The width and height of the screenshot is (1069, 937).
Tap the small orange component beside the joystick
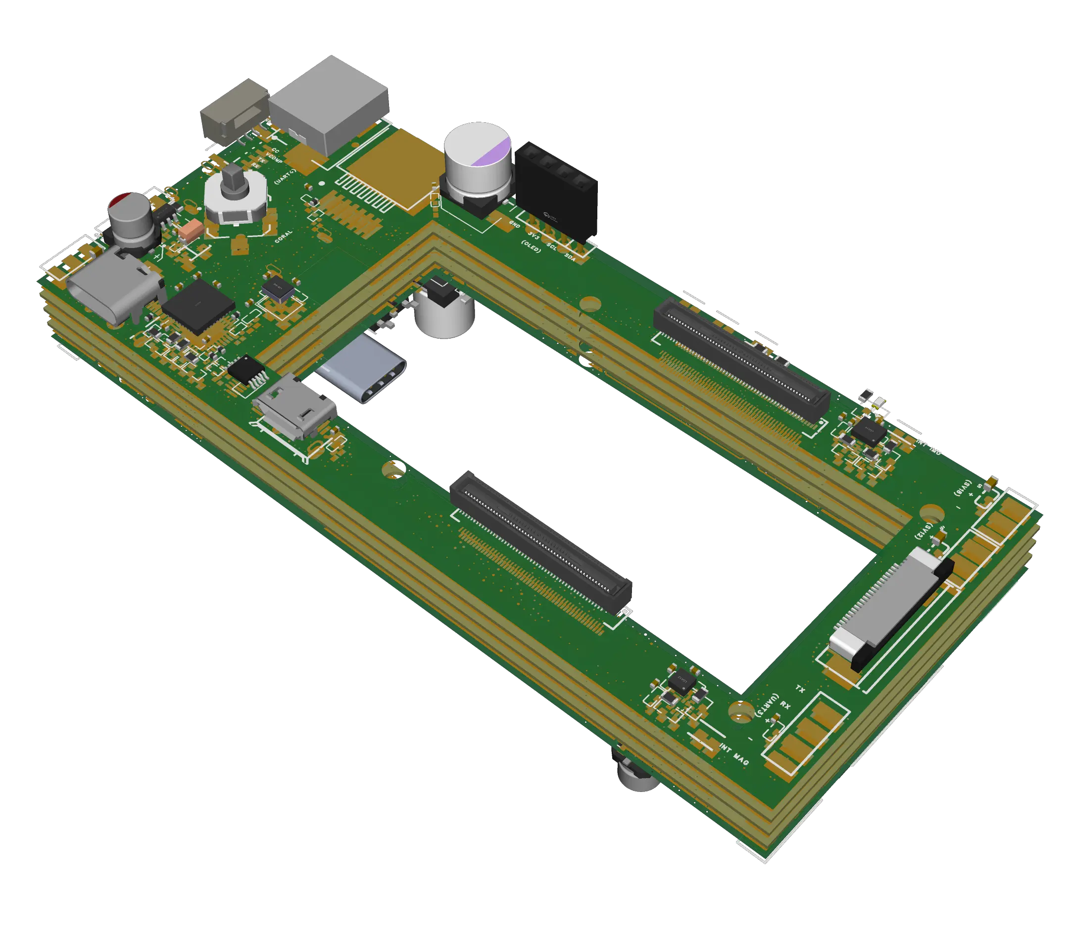click(190, 231)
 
